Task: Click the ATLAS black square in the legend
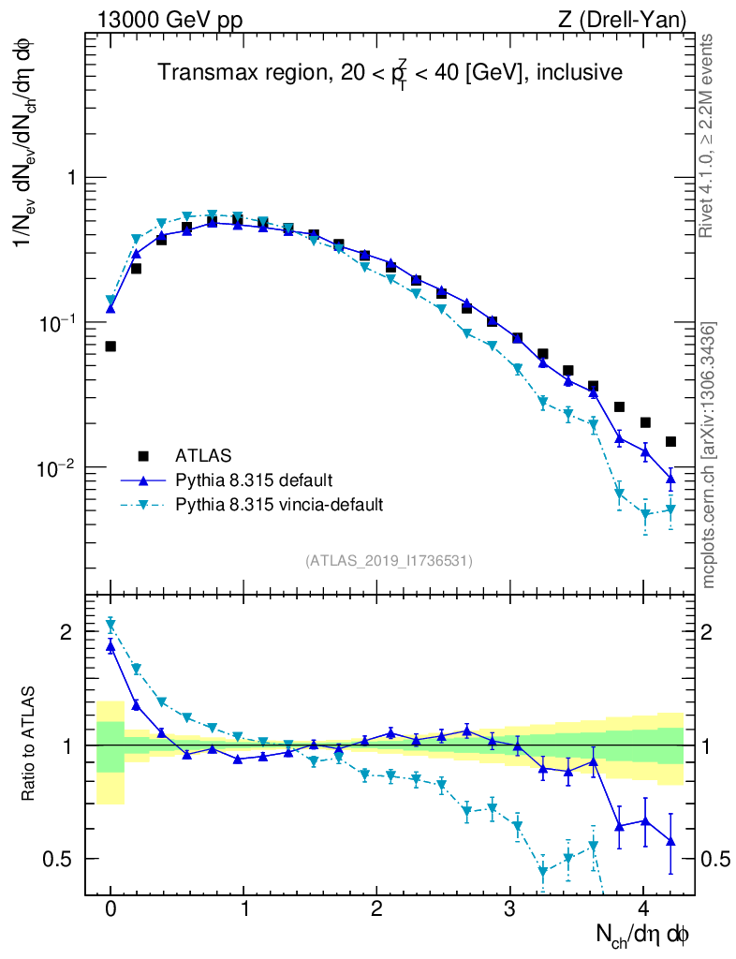[143, 456]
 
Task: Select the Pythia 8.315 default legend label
[253, 480]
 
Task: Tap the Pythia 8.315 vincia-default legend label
[279, 505]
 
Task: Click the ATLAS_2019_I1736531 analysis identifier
[389, 560]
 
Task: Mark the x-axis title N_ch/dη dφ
[644, 934]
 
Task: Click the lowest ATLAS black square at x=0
[110, 347]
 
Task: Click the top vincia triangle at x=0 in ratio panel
[110, 623]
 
